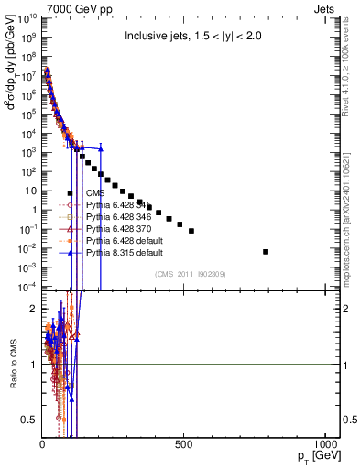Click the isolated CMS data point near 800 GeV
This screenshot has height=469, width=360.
pos(266,251)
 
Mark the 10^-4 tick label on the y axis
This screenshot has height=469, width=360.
pos(29,287)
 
